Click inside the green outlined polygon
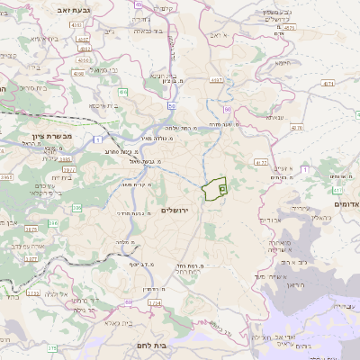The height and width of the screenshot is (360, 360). coord(212,189)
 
